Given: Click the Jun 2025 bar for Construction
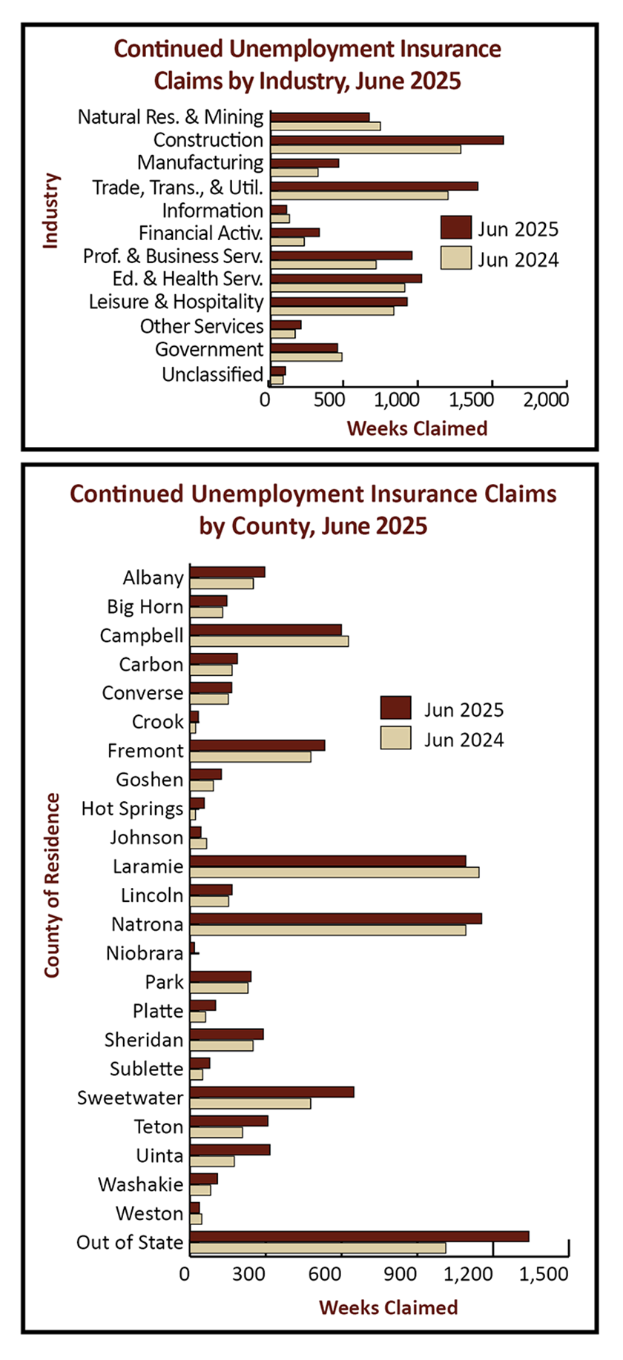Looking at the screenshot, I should [x=386, y=140].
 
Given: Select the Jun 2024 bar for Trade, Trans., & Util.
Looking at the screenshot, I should [x=359, y=195].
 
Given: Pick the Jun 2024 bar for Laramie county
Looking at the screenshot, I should [x=334, y=872].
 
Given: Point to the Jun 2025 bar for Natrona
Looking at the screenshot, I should [x=335, y=918].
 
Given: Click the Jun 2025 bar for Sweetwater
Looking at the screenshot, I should [x=271, y=1092].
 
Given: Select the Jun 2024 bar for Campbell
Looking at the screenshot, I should [x=268, y=641].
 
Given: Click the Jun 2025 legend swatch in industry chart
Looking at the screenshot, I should [x=455, y=228].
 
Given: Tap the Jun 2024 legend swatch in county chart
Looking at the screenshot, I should [x=395, y=738].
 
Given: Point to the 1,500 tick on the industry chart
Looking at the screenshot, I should [x=472, y=399].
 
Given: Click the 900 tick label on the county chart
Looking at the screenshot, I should [x=400, y=1273].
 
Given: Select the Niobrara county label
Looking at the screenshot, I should [x=145, y=953].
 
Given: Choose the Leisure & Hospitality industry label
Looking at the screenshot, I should [x=177, y=302].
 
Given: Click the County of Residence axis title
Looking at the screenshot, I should [x=52, y=885].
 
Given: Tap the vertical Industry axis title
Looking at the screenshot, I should [x=50, y=211].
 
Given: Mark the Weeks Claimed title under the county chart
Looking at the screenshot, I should [x=388, y=1307].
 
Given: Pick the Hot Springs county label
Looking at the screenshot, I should [x=132, y=809].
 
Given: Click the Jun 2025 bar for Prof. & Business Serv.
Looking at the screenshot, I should [x=341, y=255].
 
